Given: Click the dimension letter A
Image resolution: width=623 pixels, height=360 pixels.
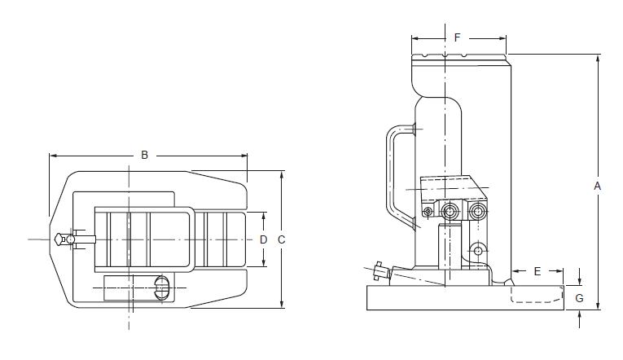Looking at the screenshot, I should click(597, 186).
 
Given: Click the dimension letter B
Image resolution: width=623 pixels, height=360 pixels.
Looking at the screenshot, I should click(144, 155).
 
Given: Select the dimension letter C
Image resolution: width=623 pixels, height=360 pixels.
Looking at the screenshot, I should click(282, 239).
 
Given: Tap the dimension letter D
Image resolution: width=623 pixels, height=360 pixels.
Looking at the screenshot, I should click(263, 239).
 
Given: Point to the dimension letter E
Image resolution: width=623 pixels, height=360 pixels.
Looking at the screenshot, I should click(537, 271).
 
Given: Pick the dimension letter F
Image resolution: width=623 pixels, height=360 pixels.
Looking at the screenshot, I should click(458, 37).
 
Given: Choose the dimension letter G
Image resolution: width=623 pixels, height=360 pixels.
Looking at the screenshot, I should click(580, 298).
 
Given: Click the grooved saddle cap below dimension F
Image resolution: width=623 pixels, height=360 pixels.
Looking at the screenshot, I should click(459, 59).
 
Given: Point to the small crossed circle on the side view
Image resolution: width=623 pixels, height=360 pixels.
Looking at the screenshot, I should click(428, 213).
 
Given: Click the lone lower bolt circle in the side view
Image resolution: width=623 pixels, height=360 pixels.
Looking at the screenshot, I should click(478, 248).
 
